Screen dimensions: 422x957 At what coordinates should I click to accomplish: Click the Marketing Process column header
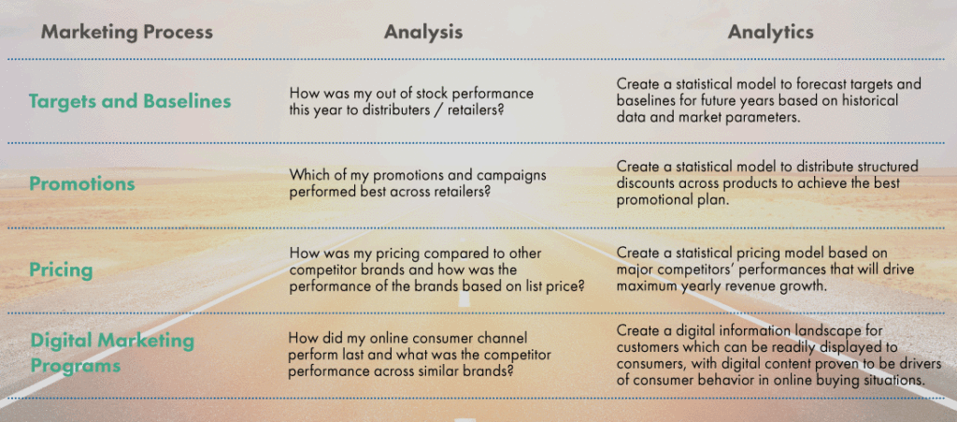pos(126,32)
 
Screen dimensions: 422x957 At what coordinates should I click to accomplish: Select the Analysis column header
pos(422,32)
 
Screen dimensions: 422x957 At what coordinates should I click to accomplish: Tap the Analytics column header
pos(770,32)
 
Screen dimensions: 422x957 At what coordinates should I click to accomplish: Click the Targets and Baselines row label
pos(129,101)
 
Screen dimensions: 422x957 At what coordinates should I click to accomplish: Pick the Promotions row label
pos(81,183)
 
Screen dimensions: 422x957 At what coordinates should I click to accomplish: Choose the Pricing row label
pos(61,270)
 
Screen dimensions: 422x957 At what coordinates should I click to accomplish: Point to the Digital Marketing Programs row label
pos(111,352)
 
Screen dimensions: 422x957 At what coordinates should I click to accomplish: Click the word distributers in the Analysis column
pos(390,109)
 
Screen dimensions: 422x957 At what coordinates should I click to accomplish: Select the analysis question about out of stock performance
pos(411,101)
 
